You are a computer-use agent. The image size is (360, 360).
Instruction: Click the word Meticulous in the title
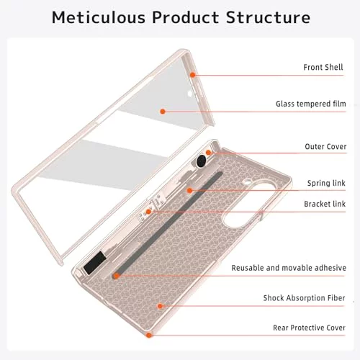(x=99, y=17)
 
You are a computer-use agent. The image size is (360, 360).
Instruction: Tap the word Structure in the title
(x=268, y=17)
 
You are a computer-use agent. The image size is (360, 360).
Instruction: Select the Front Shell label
(x=323, y=67)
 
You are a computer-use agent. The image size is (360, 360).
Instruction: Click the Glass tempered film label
(x=311, y=104)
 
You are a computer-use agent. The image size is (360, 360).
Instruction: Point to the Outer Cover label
(x=325, y=147)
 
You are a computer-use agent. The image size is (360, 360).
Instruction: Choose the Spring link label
(x=326, y=183)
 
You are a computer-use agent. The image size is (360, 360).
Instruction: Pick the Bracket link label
(x=325, y=204)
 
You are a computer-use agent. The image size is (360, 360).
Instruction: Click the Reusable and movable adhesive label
(x=289, y=268)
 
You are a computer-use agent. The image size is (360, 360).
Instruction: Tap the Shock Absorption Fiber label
(x=304, y=298)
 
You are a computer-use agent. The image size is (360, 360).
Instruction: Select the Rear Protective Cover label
(x=309, y=328)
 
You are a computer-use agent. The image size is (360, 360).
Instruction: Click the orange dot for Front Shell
(x=192, y=75)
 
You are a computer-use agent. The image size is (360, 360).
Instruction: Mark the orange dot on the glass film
(x=163, y=112)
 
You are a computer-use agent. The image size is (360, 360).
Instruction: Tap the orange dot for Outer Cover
(x=208, y=153)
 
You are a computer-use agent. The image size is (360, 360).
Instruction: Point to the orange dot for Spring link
(x=189, y=191)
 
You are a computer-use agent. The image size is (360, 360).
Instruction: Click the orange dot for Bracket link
(x=149, y=212)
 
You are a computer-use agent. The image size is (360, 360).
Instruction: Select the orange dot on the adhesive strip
(x=117, y=276)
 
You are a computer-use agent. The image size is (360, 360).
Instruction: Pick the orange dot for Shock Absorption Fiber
(x=160, y=306)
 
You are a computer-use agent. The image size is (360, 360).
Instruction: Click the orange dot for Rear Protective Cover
(x=149, y=335)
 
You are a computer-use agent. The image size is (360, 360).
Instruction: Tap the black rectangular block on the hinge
(x=95, y=263)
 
